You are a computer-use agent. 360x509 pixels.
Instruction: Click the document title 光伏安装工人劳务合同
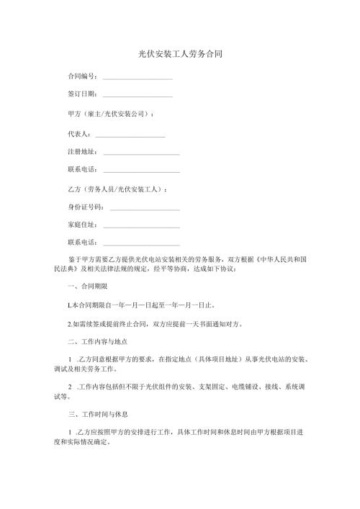tap(179, 54)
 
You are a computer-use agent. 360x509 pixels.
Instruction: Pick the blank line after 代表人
tap(130, 135)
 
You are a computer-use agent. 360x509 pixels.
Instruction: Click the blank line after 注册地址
tap(142, 153)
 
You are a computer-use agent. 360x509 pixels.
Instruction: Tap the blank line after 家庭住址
tap(142, 228)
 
